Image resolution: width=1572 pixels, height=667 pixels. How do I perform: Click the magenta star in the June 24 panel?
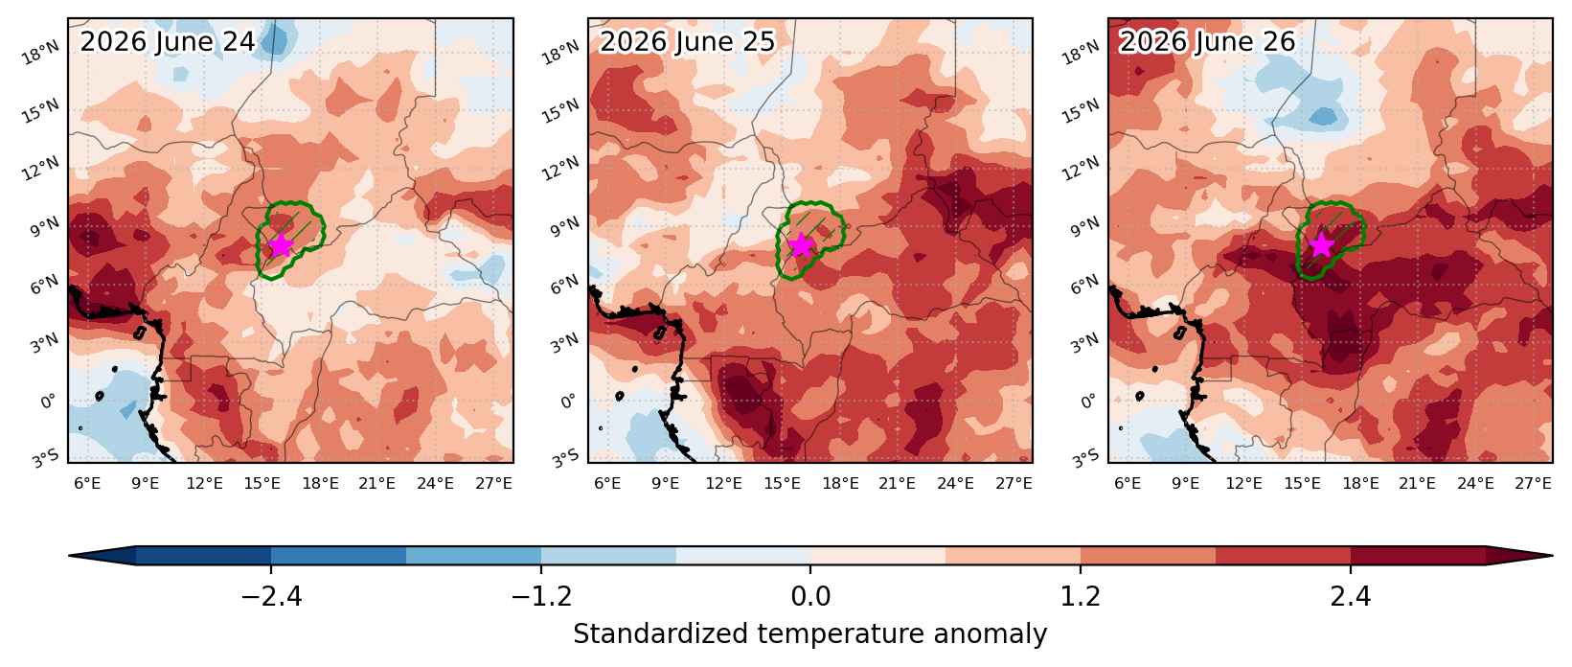click(x=281, y=245)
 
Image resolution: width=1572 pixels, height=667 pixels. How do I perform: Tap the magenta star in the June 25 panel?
click(x=801, y=245)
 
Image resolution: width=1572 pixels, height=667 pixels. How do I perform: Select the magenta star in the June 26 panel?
click(x=1321, y=245)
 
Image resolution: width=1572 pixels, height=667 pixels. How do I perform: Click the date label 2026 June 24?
click(x=167, y=41)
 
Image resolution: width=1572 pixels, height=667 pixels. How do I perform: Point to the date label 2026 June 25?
click(x=687, y=41)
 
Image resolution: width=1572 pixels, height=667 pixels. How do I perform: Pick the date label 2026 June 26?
click(x=1207, y=41)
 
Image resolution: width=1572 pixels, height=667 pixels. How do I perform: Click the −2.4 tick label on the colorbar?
click(x=271, y=596)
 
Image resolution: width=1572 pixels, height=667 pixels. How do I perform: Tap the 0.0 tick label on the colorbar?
click(x=810, y=596)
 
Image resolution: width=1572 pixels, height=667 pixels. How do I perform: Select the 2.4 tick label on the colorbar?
click(x=1351, y=596)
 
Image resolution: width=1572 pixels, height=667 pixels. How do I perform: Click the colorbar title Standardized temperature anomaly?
click(x=809, y=634)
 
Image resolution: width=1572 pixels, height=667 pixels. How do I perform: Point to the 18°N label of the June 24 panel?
click(x=40, y=53)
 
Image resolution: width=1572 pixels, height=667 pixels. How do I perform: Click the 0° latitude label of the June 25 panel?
click(x=569, y=402)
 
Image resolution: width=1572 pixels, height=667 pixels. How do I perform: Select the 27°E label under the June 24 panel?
click(x=493, y=484)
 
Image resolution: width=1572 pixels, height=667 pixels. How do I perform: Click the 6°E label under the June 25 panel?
click(x=607, y=484)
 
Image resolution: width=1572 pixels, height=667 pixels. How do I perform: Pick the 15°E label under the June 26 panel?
click(x=1302, y=484)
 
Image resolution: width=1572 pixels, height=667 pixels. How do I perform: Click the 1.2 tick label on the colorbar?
click(x=1080, y=596)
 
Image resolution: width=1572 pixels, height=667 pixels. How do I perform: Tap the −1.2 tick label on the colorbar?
click(x=541, y=596)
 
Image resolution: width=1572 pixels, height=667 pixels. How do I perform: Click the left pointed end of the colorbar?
click(x=69, y=556)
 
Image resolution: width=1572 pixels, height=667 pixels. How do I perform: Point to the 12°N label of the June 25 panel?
click(x=561, y=169)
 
